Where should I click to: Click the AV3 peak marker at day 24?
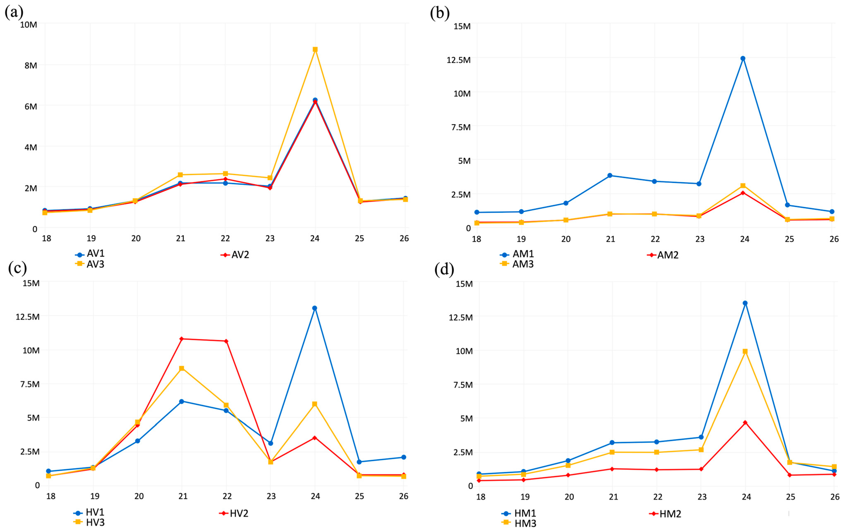[315, 50]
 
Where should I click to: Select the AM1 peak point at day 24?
[743, 58]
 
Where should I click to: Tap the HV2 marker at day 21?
[182, 339]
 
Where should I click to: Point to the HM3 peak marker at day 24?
[745, 351]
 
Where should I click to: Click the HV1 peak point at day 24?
[315, 308]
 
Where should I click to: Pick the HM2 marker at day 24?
[745, 423]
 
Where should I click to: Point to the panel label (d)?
[444, 269]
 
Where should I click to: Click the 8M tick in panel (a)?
[31, 65]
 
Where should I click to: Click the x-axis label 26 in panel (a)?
[404, 238]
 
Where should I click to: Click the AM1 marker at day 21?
[610, 176]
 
